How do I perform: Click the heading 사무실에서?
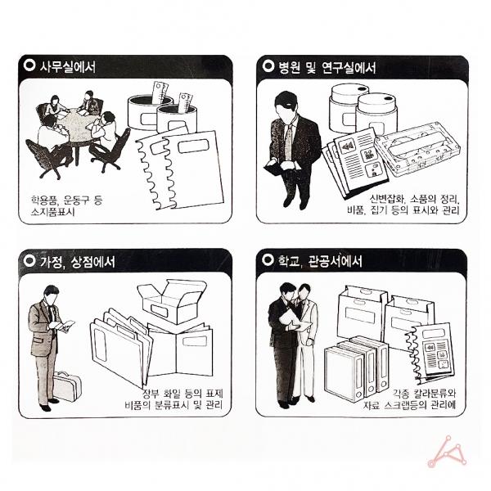pos(67,67)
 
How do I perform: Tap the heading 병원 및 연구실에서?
pos(327,67)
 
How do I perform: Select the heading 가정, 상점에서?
pos(78,262)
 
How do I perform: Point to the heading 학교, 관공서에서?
pos(320,261)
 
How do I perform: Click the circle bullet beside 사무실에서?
pos(29,65)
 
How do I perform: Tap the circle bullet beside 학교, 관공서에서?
pos(268,259)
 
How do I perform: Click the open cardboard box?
pos(172,300)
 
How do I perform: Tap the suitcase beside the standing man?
pos(67,386)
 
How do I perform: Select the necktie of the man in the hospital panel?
pos(288,141)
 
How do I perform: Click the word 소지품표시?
pos(52,212)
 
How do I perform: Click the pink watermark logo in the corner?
pos(447,452)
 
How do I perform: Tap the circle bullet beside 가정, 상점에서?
pos(29,260)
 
